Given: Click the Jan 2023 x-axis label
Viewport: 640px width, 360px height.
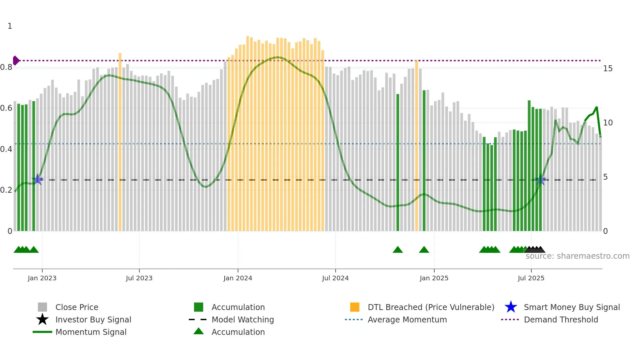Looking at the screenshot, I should (x=42, y=278).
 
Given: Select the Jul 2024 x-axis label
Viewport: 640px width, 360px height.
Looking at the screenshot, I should (x=335, y=278).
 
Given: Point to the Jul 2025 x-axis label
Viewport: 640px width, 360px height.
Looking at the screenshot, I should (x=531, y=278).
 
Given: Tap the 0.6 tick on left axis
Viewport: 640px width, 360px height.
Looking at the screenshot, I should (x=7, y=108).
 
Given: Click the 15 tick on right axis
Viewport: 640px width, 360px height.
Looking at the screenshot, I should (x=608, y=69).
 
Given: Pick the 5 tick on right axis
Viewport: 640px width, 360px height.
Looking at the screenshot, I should (x=605, y=177).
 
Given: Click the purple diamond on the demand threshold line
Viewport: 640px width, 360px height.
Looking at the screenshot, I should (x=16, y=60).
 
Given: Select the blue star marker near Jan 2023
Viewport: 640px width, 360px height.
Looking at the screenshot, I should (x=38, y=179).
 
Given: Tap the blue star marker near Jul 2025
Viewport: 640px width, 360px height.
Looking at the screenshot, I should (x=540, y=180).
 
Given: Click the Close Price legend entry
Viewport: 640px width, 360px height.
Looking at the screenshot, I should (x=76, y=307).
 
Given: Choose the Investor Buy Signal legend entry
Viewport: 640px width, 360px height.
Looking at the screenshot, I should (x=93, y=319).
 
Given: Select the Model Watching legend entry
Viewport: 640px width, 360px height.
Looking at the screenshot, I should (x=242, y=319).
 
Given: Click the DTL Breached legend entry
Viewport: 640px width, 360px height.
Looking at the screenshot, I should (x=431, y=307).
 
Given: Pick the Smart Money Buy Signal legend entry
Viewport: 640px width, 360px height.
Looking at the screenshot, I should (x=571, y=307).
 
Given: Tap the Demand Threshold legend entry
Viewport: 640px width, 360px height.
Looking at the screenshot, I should (x=561, y=319).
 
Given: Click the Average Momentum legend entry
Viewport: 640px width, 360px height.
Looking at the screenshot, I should (x=407, y=319).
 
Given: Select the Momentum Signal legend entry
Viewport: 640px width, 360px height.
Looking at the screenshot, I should (x=91, y=332).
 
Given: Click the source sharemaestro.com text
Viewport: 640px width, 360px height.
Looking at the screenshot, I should (x=577, y=256).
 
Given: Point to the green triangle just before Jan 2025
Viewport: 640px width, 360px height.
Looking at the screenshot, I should (x=424, y=250).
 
